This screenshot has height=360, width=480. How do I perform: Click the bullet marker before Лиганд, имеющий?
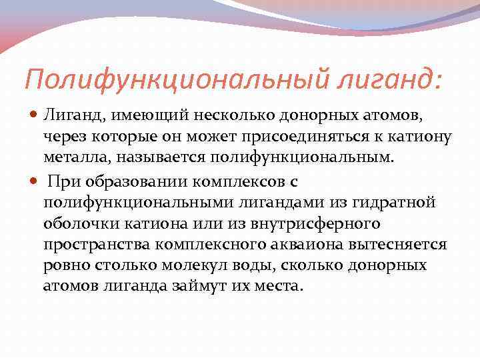[x=35, y=117]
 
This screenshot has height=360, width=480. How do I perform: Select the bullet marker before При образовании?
[x=35, y=181]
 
